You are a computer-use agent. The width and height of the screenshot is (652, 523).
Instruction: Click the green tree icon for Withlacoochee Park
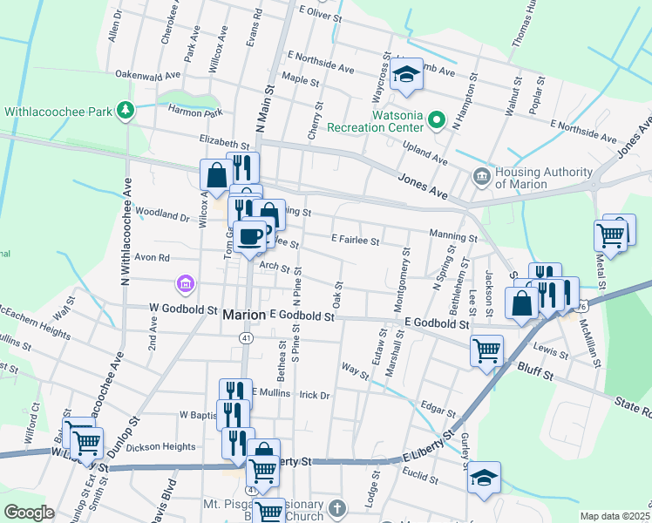pyautogui.click(x=127, y=111)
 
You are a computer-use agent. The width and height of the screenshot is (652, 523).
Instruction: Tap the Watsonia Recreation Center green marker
pyautogui.click(x=439, y=119)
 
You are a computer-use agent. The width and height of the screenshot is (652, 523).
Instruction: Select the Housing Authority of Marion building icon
pyautogui.click(x=481, y=177)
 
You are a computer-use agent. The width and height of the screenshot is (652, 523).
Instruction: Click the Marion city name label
pyautogui.click(x=244, y=315)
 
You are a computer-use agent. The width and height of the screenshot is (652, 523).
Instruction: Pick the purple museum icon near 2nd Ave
pyautogui.click(x=184, y=283)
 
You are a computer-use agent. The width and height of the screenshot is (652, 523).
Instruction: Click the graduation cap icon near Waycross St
pyautogui.click(x=405, y=77)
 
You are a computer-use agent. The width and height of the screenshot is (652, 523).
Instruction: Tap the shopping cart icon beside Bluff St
pyautogui.click(x=486, y=350)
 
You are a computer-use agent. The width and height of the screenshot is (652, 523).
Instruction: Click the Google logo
pyautogui.click(x=29, y=513)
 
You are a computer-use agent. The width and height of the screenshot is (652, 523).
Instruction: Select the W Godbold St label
pyautogui.click(x=183, y=309)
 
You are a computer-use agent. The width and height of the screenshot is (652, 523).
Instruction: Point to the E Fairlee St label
pyautogui.click(x=356, y=241)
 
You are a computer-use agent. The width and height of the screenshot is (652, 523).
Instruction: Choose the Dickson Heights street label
pyautogui.click(x=161, y=447)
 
